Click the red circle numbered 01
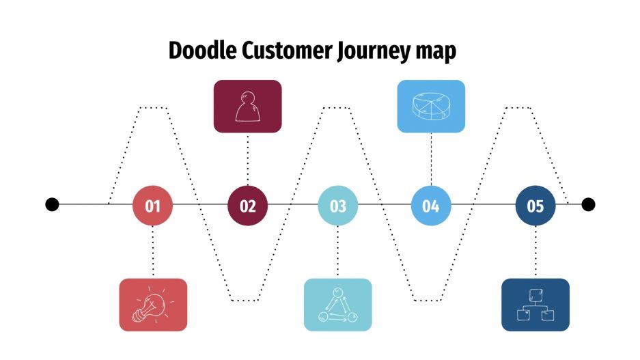(x=152, y=205)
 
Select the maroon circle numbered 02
(x=247, y=205)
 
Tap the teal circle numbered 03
(x=338, y=205)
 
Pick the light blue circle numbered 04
(x=431, y=205)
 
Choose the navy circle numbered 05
(x=535, y=205)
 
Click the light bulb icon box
(x=152, y=305)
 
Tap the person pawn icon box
(x=247, y=106)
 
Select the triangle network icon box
(x=338, y=305)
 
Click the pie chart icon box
(x=431, y=106)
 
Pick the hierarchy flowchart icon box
(x=535, y=305)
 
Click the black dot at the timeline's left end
(x=52, y=204)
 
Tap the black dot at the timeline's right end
(x=588, y=204)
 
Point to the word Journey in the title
(x=373, y=53)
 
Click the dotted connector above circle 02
(x=247, y=158)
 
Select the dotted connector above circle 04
(x=431, y=158)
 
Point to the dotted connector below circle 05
(x=535, y=251)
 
